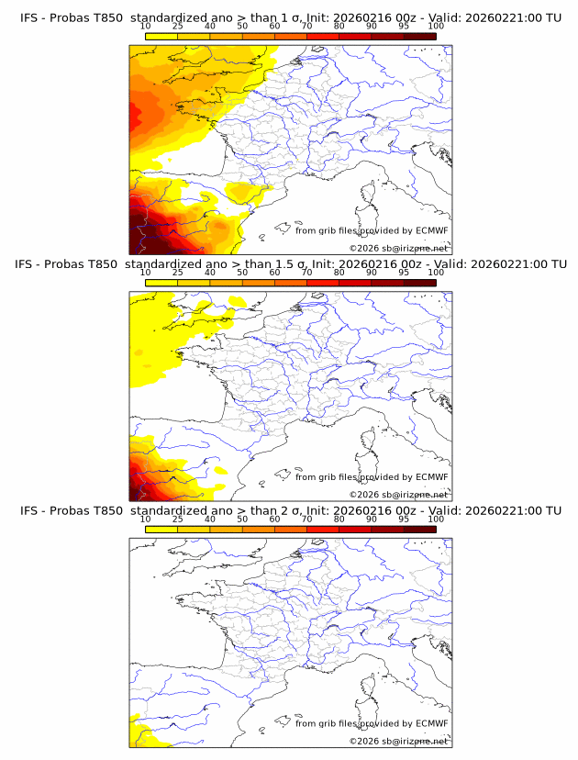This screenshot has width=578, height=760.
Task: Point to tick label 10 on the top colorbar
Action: (x=145, y=27)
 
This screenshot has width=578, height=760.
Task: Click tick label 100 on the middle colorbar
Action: (x=436, y=273)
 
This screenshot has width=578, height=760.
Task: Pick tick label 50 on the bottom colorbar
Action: (x=242, y=520)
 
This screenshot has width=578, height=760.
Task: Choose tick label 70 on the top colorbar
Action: (x=306, y=27)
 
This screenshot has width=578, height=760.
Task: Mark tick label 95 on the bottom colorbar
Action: (x=404, y=520)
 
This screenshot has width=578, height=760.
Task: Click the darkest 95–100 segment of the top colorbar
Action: (x=420, y=36)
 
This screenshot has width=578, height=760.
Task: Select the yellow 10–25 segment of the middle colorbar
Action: (x=161, y=283)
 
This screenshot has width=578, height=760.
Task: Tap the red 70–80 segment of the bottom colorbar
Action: (x=323, y=530)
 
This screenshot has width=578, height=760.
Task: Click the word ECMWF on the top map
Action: (x=431, y=230)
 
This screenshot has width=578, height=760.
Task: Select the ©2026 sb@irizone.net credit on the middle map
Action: (x=398, y=494)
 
